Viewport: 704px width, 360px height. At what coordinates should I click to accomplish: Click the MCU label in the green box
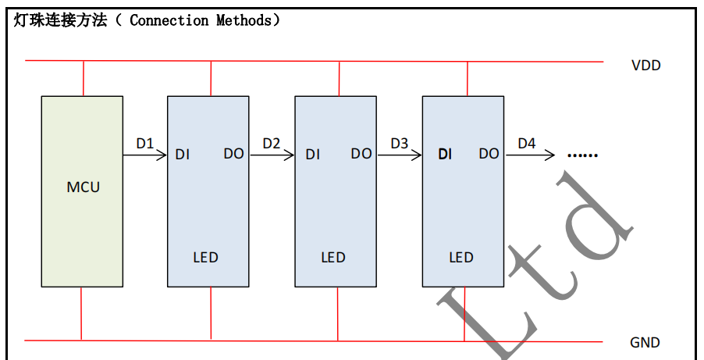[x=84, y=187]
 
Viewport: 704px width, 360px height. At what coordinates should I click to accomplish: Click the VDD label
[x=645, y=66]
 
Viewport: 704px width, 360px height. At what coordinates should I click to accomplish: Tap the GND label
[x=645, y=343]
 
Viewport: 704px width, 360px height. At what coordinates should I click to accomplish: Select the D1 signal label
[x=145, y=144]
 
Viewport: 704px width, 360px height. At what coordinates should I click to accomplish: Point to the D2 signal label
[x=272, y=144]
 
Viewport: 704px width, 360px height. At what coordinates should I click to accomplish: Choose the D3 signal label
[x=399, y=144]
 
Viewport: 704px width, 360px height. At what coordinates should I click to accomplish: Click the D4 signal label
[x=527, y=144]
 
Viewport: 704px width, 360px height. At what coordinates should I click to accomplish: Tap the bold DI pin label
[x=445, y=155]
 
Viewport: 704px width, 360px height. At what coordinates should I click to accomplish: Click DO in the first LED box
[x=233, y=154]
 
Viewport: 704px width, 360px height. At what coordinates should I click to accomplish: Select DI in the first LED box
[x=183, y=155]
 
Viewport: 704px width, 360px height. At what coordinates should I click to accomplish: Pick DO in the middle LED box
[x=361, y=154]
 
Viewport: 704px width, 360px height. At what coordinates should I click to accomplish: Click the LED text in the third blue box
[x=461, y=258]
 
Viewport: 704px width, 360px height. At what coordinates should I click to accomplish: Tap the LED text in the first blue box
[x=205, y=258]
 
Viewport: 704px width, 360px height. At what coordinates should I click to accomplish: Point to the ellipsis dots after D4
[x=582, y=155]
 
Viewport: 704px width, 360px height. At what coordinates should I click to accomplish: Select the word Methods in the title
[x=244, y=20]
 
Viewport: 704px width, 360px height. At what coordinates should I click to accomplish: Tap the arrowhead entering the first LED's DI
[x=162, y=155]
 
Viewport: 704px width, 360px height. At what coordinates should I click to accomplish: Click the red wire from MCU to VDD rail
[x=83, y=78]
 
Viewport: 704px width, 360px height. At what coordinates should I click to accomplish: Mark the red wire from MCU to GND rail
[x=81, y=313]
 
